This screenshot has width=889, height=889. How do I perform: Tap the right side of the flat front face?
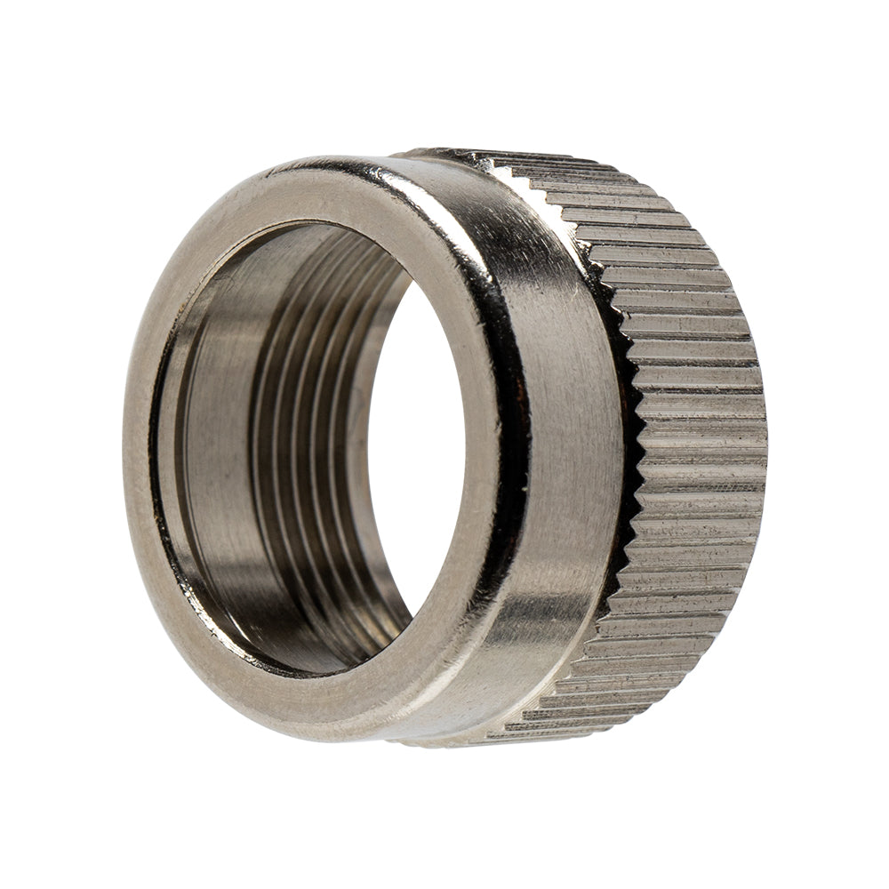tap(485, 444)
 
